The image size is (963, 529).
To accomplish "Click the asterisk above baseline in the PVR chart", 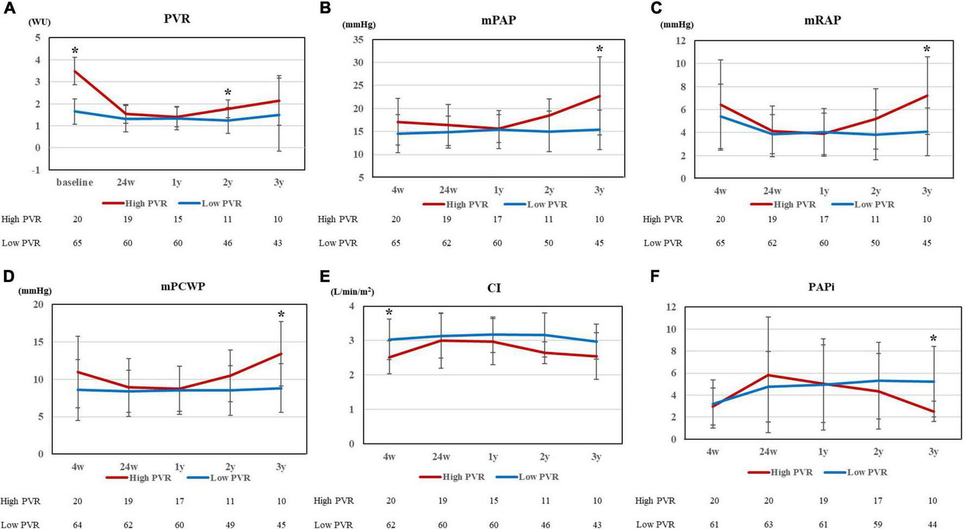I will (75, 51).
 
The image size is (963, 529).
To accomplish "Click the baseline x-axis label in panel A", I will (75, 183).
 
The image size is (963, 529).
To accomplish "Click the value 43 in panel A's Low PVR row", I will (278, 243).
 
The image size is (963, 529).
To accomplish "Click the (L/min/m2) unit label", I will (352, 291).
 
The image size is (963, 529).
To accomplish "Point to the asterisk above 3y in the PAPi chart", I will (933, 339).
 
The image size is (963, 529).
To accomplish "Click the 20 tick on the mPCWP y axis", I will (38, 304).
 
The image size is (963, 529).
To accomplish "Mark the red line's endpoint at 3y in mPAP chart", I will (599, 96).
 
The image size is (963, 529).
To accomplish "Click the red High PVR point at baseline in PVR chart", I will (75, 71).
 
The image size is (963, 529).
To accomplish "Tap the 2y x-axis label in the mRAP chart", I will (875, 191).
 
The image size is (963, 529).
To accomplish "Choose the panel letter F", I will (655, 276).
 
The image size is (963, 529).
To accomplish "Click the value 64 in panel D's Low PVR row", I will (77, 524).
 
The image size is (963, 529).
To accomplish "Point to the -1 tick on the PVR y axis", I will (36, 170).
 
